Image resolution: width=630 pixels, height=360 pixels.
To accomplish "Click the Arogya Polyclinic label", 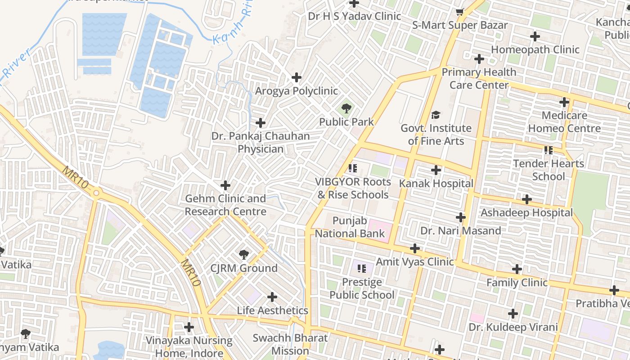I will coord(296,91).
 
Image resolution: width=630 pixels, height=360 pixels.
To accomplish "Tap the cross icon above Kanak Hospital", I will coord(436,170).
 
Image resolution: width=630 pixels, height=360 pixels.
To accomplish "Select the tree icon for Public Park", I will coord(346,108).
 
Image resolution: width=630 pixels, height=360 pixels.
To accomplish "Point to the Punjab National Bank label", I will coord(350,227).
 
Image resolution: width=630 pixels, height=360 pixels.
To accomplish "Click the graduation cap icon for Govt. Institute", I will coord(435,115).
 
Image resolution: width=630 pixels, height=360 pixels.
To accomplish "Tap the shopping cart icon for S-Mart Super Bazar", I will coord(459,12).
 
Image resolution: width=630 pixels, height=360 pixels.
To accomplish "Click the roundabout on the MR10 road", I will coord(96,193).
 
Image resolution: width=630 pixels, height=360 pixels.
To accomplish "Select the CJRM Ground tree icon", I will coord(243,255).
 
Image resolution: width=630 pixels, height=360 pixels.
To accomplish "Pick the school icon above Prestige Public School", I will coord(361,269).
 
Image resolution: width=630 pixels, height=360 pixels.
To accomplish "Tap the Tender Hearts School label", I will coord(548,170).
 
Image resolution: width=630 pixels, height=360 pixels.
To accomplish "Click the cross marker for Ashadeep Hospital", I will coord(526,199).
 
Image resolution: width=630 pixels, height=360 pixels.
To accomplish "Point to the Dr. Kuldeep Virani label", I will coord(513,327).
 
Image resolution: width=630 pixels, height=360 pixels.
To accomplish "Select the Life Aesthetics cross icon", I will coord(272,297).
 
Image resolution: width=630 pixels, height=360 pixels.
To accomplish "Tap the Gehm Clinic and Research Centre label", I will coord(225,205).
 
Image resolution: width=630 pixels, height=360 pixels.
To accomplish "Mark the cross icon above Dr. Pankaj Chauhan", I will coord(261,123).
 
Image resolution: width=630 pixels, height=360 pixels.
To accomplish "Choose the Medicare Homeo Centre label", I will coord(564,122).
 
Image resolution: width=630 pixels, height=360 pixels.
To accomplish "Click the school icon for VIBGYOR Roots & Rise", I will coord(352,169).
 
